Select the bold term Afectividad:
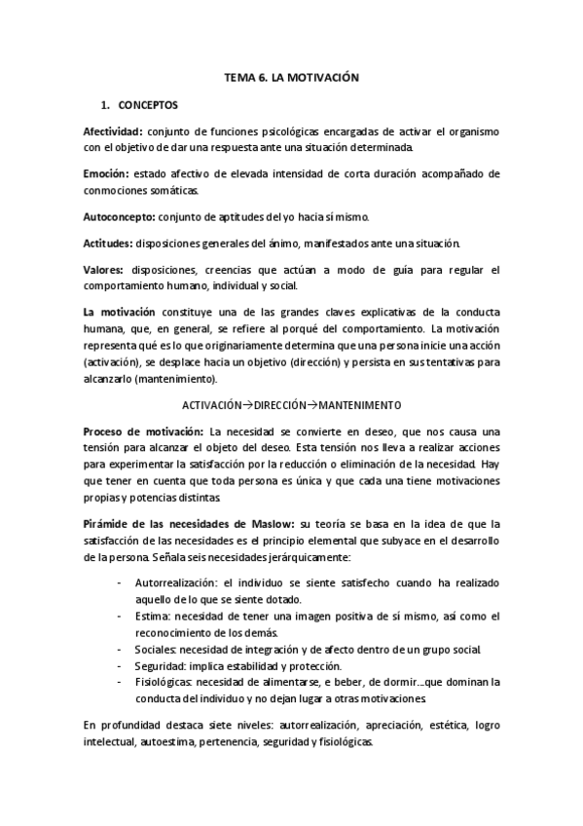coord(114,131)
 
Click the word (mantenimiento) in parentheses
coord(174,379)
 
